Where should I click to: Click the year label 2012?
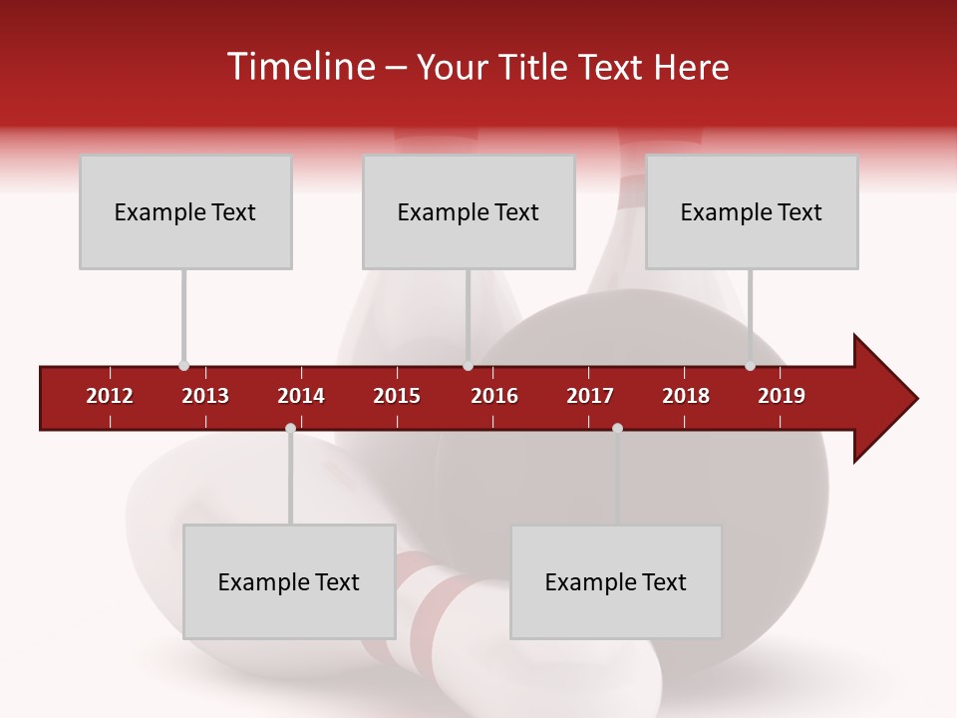click(110, 396)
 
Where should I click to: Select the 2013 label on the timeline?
click(205, 396)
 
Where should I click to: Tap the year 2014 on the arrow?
click(301, 396)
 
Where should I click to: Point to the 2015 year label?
click(397, 396)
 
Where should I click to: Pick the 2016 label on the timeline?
click(494, 396)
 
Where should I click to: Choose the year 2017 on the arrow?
click(590, 396)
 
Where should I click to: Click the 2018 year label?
click(686, 396)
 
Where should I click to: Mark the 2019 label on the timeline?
click(782, 396)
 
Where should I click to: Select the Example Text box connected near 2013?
click(185, 211)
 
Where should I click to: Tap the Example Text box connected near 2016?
click(469, 211)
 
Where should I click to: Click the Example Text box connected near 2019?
click(752, 211)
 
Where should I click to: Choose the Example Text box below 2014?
click(289, 581)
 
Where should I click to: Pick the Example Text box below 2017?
click(616, 581)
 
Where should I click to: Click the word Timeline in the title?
click(300, 67)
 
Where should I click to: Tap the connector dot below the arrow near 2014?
click(290, 429)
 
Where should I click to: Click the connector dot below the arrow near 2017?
click(617, 429)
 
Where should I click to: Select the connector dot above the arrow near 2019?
click(750, 366)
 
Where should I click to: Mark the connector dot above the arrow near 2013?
click(183, 366)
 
